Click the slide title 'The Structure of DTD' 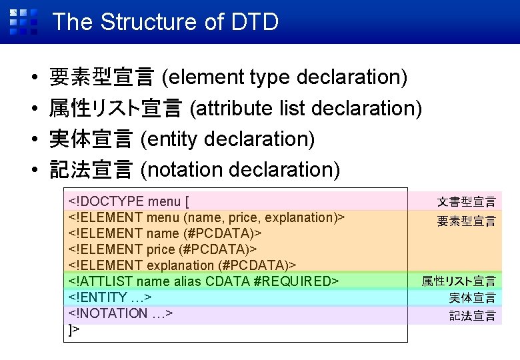tap(165, 22)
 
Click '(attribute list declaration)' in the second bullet tap(306, 108)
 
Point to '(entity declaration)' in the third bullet tap(228, 139)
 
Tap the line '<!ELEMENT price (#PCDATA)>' tap(163, 249)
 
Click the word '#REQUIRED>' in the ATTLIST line tap(297, 281)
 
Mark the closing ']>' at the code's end tap(73, 329)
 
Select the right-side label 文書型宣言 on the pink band tap(466, 201)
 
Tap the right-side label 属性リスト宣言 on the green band tap(458, 281)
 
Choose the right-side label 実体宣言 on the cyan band tap(472, 298)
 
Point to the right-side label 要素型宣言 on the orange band tap(466, 221)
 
